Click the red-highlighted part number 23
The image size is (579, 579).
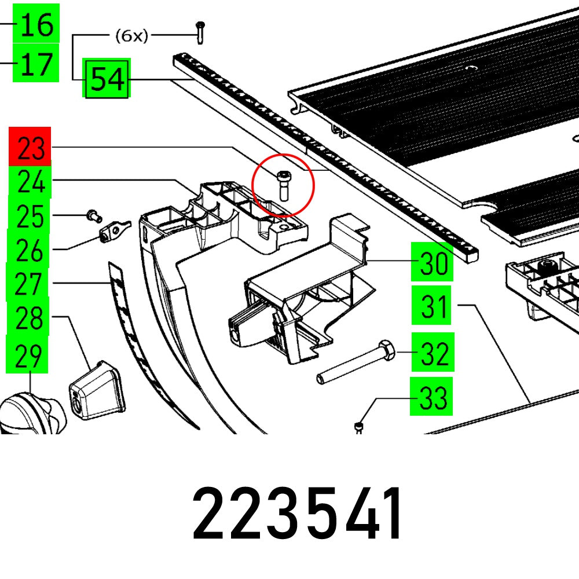click(31, 149)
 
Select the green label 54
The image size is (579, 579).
click(107, 78)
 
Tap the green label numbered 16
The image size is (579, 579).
click(37, 24)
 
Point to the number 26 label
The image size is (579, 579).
click(30, 250)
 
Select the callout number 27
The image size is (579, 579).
click(28, 284)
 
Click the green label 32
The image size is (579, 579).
click(433, 352)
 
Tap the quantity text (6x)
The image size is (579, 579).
click(131, 36)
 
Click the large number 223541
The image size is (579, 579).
click(297, 514)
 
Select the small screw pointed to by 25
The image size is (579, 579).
click(93, 216)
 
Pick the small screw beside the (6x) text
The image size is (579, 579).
click(200, 32)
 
